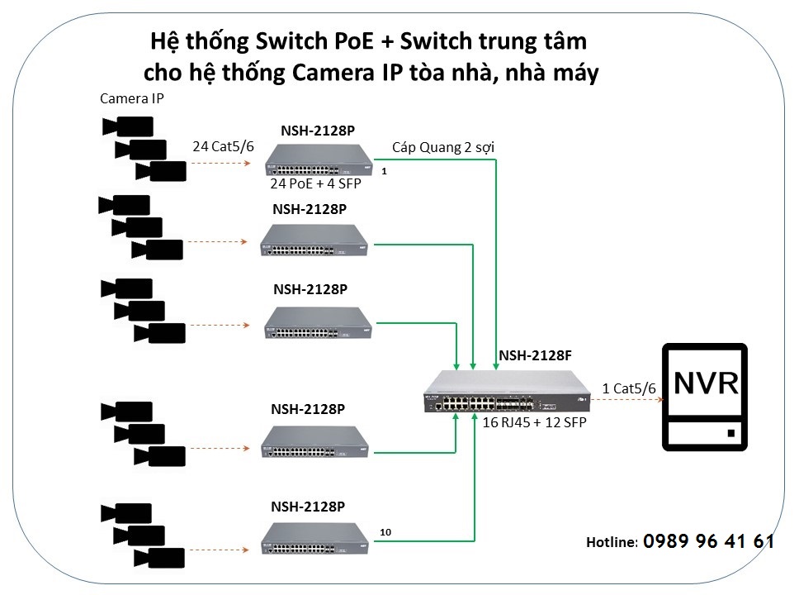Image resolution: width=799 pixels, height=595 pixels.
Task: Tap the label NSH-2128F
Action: coord(535,356)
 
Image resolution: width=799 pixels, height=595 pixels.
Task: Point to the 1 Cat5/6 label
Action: coord(629,388)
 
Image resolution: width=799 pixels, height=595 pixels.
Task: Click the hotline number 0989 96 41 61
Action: coord(708,541)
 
